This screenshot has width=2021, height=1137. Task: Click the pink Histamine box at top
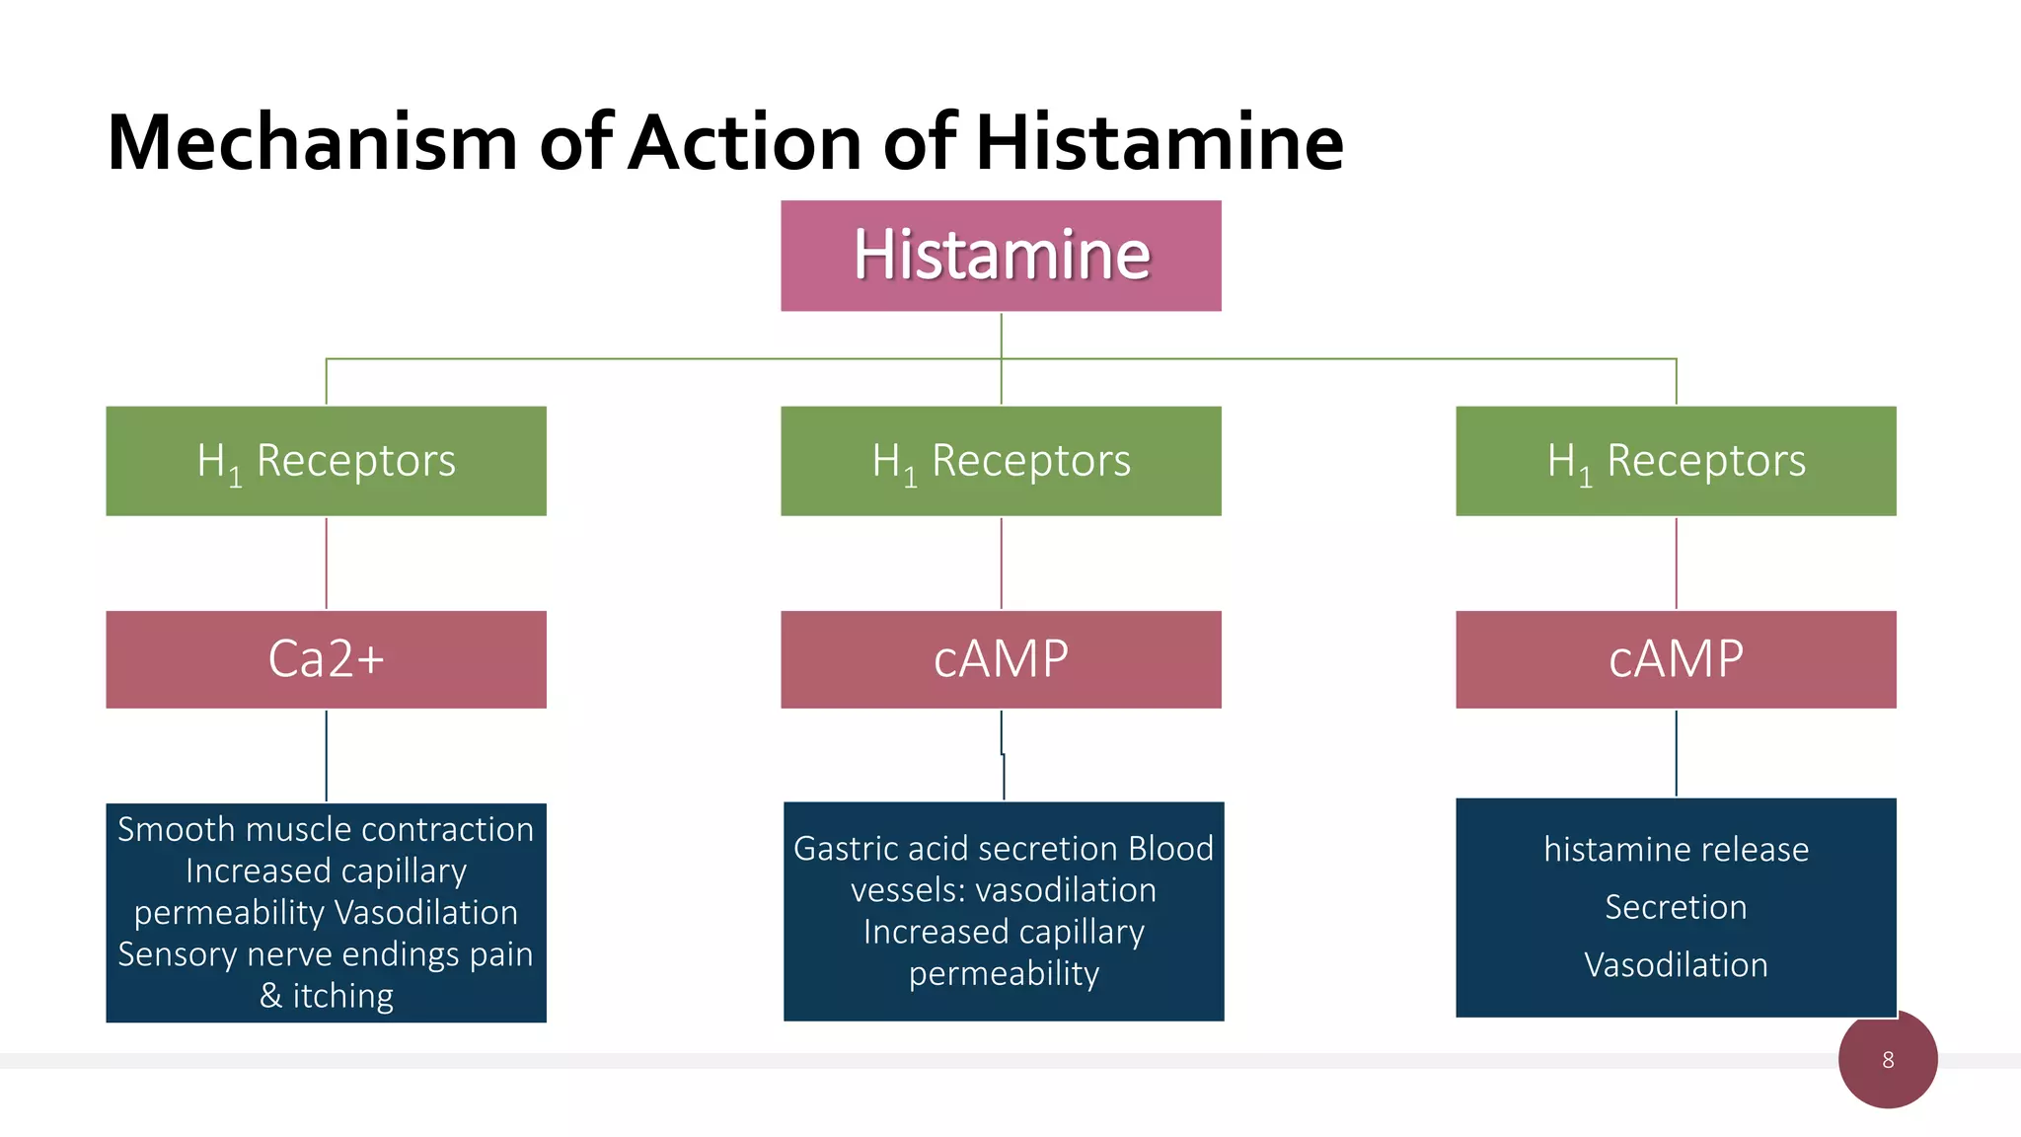(1001, 256)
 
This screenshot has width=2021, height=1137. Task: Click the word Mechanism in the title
(312, 143)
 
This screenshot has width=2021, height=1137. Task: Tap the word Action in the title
(746, 143)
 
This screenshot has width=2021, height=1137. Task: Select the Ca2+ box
(326, 659)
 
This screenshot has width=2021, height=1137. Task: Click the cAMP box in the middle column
(1001, 659)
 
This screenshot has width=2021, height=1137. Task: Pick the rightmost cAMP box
(1676, 659)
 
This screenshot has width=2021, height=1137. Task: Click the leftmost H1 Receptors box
(326, 461)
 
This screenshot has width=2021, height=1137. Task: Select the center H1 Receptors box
(1001, 461)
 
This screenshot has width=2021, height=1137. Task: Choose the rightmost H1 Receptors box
(1676, 461)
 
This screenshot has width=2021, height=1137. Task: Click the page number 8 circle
(1887, 1060)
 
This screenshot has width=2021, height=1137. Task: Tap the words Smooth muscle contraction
(326, 829)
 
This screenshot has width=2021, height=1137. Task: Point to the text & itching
(326, 996)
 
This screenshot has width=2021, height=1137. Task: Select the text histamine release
(1676, 850)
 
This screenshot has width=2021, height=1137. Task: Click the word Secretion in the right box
(1676, 907)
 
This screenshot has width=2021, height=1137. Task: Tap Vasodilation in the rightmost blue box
(1676, 964)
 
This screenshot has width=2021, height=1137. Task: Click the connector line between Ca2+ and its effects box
(327, 755)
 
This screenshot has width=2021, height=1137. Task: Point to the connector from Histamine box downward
(1001, 336)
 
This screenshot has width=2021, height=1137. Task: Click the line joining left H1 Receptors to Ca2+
(327, 563)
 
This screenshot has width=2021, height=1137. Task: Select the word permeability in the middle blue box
(1004, 974)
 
